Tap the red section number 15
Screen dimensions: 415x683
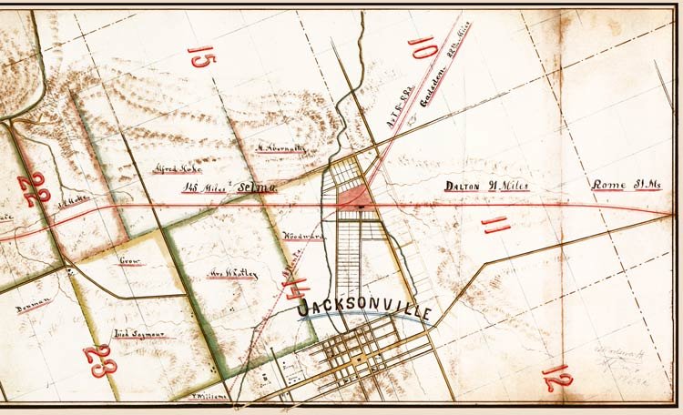(201, 73)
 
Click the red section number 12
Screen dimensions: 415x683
(552, 376)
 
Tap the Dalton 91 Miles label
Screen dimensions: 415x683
(485, 187)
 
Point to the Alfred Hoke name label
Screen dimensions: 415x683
(179, 168)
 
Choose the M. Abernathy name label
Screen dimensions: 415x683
(280, 147)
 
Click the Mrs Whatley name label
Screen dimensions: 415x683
(231, 273)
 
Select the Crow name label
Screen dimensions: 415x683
(133, 261)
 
